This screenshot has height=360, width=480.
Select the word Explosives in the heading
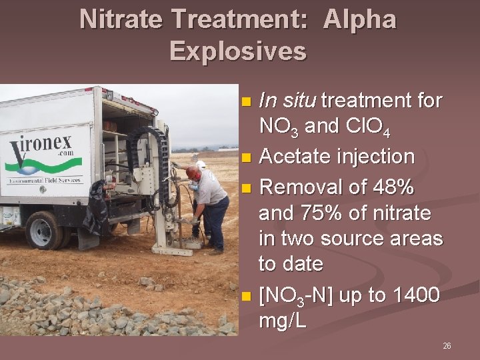coord(238,51)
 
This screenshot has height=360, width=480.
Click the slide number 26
coord(447,346)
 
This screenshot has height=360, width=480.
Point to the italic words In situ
coord(287,101)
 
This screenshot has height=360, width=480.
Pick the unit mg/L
coord(283,321)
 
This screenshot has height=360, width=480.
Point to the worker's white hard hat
coord(201,164)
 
